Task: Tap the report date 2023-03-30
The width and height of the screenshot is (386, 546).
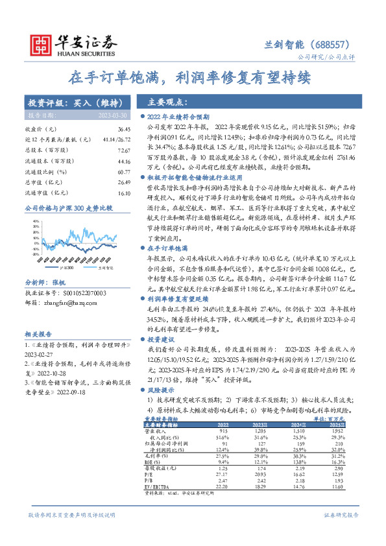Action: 114,114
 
